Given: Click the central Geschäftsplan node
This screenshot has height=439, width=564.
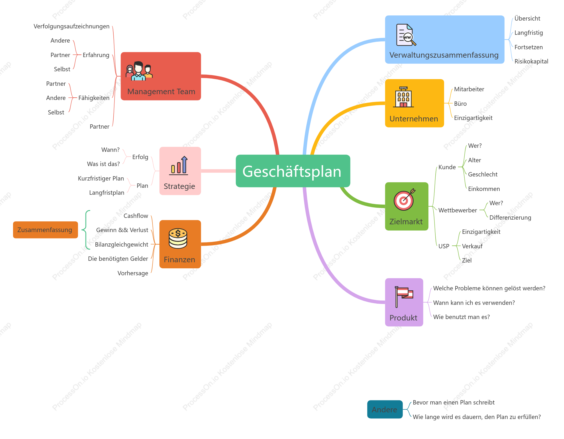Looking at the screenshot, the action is [293, 171].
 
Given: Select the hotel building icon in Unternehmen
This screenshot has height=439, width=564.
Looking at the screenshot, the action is [403, 97].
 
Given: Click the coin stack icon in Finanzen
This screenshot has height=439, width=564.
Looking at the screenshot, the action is [178, 238].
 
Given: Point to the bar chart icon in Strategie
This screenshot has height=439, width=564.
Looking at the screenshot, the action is [179, 165].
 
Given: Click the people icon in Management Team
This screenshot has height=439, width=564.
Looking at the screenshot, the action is [139, 71].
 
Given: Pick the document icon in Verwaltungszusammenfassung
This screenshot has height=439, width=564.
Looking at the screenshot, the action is [406, 35].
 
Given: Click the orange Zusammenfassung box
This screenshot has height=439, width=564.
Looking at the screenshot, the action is [46, 230].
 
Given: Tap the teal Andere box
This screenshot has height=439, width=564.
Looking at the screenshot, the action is [385, 409].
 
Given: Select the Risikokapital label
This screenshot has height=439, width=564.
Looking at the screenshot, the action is [531, 61].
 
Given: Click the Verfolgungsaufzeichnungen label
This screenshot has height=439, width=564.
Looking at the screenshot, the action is [72, 26].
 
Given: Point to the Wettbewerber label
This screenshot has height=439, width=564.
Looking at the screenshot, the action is [458, 210].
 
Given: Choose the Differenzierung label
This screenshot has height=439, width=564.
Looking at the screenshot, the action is [510, 218].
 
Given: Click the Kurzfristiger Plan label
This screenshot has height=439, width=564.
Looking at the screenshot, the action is [101, 178].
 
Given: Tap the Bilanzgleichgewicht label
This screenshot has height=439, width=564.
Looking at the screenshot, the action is [122, 245].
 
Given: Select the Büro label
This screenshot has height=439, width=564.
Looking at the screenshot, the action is [461, 104].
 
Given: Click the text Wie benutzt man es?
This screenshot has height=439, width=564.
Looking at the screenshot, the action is [461, 317].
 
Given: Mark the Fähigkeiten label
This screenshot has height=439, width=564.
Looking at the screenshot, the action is [94, 98].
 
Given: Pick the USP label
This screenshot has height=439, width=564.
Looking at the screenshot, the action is [444, 246].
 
